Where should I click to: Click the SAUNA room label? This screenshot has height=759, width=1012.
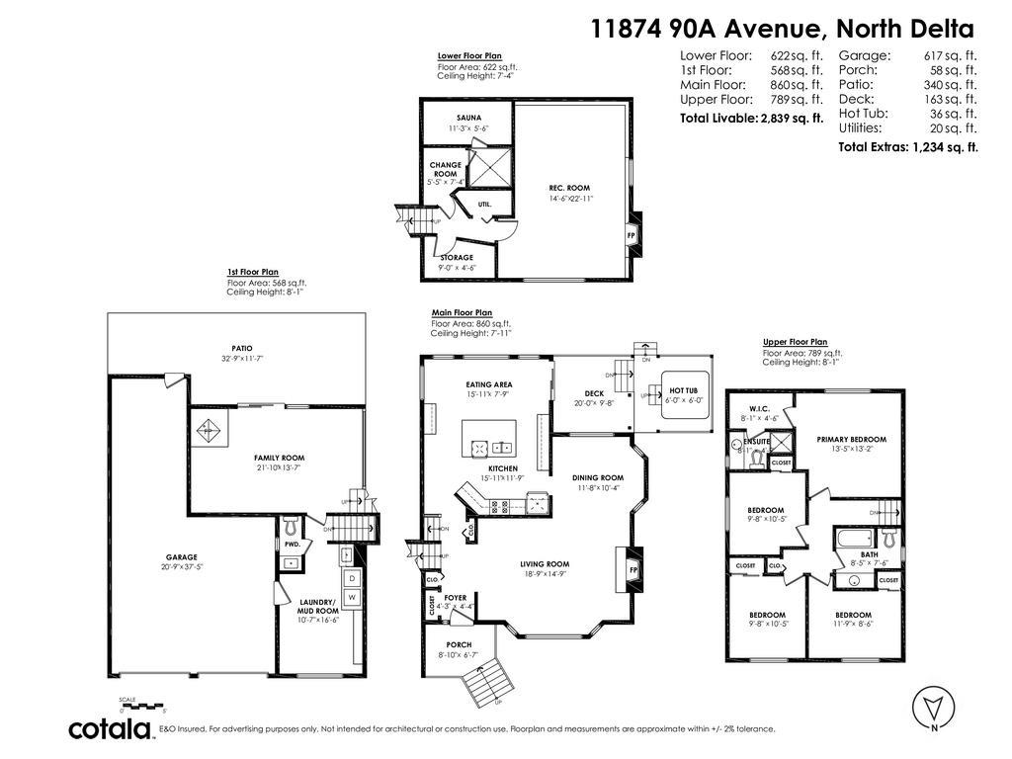pyautogui.click(x=468, y=118)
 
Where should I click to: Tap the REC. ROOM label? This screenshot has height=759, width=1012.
pyautogui.click(x=570, y=188)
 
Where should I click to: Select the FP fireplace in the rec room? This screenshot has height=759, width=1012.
pyautogui.click(x=632, y=235)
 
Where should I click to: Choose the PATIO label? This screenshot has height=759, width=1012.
pyautogui.click(x=242, y=348)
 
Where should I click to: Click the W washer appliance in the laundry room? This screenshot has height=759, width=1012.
pyautogui.click(x=351, y=598)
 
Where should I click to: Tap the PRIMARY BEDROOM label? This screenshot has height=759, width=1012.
pyautogui.click(x=851, y=439)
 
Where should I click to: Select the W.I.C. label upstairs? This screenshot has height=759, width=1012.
pyautogui.click(x=759, y=408)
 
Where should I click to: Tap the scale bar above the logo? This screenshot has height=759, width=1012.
pyautogui.click(x=140, y=706)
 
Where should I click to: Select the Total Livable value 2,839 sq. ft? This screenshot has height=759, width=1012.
pyautogui.click(x=792, y=119)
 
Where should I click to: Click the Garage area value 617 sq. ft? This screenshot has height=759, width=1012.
pyautogui.click(x=950, y=56)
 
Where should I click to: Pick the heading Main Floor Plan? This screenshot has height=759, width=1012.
pyautogui.click(x=462, y=312)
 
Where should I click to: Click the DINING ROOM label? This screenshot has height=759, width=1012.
pyautogui.click(x=598, y=477)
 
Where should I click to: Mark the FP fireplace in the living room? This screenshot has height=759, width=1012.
pyautogui.click(x=632, y=570)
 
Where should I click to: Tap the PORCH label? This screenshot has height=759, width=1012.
pyautogui.click(x=459, y=644)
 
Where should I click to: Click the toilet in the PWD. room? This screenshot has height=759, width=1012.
pyautogui.click(x=291, y=522)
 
